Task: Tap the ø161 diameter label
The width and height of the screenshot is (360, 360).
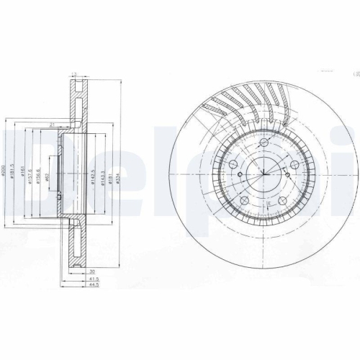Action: coord(22,173)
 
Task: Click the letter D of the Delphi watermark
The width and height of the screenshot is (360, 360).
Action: coord(22,173)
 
